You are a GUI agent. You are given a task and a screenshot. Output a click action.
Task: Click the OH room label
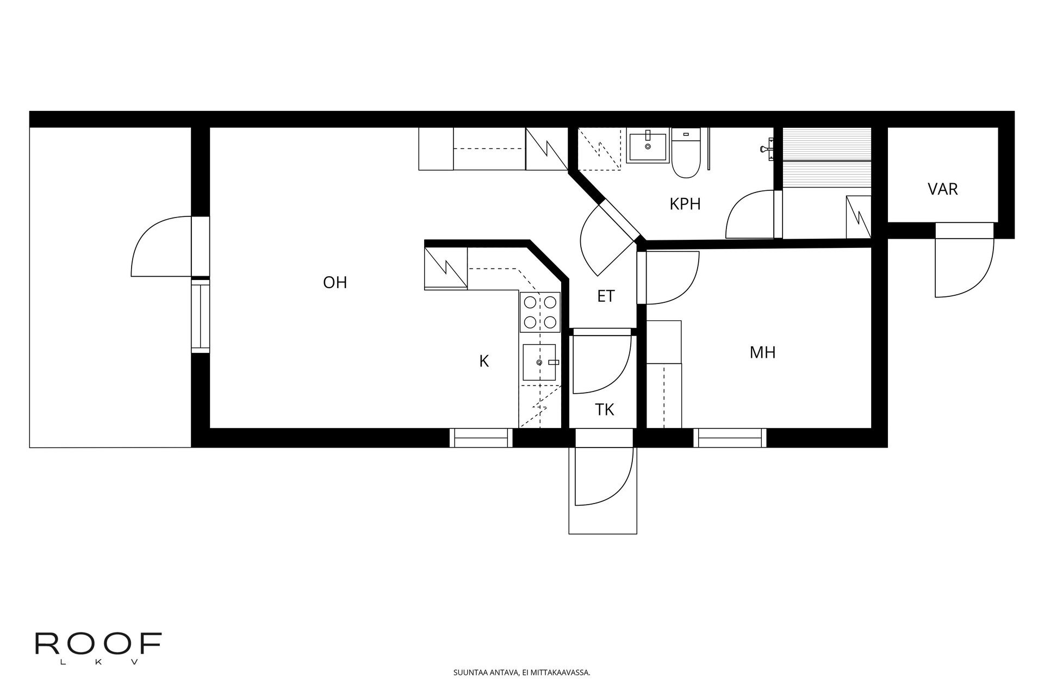pyautogui.click(x=335, y=283)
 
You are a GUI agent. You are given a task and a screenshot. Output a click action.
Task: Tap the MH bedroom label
pyautogui.click(x=762, y=353)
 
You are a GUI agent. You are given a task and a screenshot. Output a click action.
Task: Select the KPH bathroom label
pyautogui.click(x=685, y=204)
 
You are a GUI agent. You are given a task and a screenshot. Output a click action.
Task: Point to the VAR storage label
pyautogui.click(x=942, y=189)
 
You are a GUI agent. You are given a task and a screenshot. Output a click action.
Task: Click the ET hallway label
pyautogui.click(x=606, y=296)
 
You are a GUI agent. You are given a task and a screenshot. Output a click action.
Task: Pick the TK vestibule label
pyautogui.click(x=604, y=410)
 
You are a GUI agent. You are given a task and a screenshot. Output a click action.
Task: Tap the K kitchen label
pyautogui.click(x=484, y=361)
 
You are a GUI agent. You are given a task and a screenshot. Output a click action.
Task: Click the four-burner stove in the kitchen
pyautogui.click(x=539, y=312)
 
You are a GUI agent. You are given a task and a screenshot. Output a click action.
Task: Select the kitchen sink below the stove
pyautogui.click(x=539, y=362)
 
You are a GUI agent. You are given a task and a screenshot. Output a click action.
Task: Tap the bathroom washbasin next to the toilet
pyautogui.click(x=647, y=145)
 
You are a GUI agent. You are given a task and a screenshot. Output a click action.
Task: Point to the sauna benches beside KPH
pyautogui.click(x=826, y=158)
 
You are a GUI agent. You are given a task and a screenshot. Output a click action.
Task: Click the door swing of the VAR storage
pyautogui.click(x=963, y=266)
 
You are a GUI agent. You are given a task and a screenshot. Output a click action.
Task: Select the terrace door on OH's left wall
pyautogui.click(x=163, y=246)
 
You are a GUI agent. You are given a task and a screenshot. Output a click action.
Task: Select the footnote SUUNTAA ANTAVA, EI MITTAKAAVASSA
pyautogui.click(x=521, y=673)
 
